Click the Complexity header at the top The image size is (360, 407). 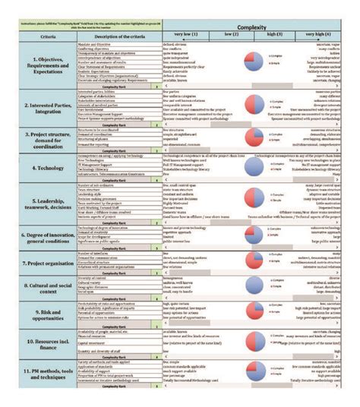tap(251, 27)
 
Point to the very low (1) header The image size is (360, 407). tap(185, 36)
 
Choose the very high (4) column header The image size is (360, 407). tap(317, 36)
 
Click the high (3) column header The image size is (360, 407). tap(274, 36)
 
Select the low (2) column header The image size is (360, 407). tap(230, 36)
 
